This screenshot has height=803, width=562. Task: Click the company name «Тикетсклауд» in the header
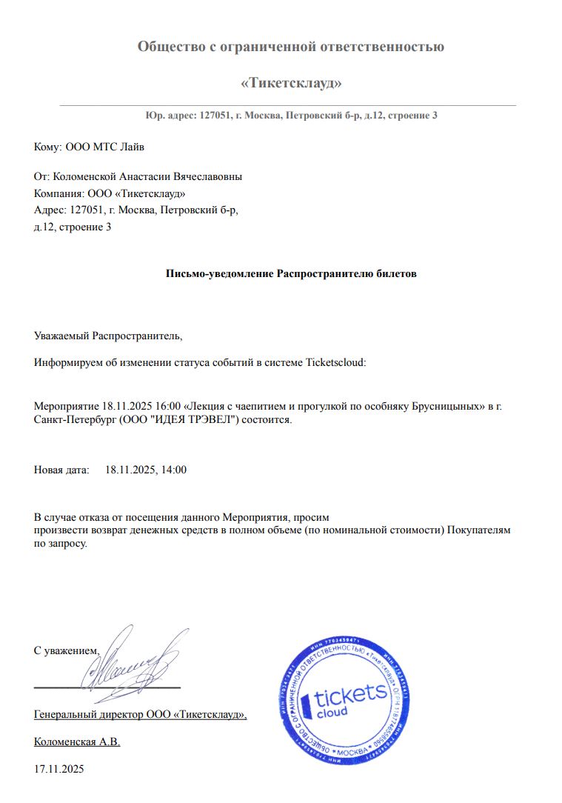pyautogui.click(x=291, y=83)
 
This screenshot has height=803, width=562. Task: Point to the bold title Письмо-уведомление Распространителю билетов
pyautogui.click(x=291, y=273)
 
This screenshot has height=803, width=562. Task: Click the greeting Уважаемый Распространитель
pyautogui.click(x=107, y=336)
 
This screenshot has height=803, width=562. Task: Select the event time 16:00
pyautogui.click(x=169, y=407)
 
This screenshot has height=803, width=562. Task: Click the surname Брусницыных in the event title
pyautogui.click(x=439, y=407)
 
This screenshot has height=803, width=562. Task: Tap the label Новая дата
pyautogui.click(x=61, y=470)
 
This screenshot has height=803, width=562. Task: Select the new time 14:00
pyautogui.click(x=173, y=470)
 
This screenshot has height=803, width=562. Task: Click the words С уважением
pyautogui.click(x=66, y=650)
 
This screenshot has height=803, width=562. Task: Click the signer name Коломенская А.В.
pyautogui.click(x=77, y=742)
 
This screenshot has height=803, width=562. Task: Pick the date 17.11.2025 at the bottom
pyautogui.click(x=59, y=769)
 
